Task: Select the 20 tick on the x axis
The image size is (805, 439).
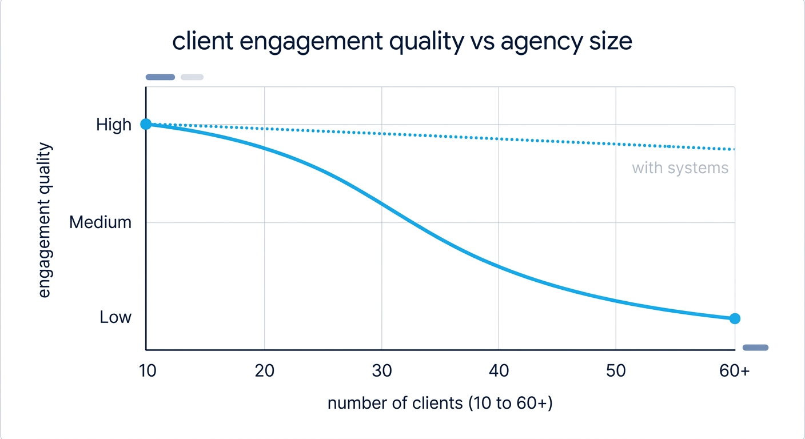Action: (x=264, y=371)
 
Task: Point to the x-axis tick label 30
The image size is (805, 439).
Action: (x=382, y=371)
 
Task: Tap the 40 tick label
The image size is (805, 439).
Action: (x=499, y=371)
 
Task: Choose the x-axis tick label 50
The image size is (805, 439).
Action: (x=616, y=371)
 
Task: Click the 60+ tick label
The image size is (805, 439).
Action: (x=734, y=371)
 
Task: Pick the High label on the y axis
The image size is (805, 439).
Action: (x=114, y=125)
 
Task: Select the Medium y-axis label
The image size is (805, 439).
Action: (x=100, y=222)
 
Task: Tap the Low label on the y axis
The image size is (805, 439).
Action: (x=115, y=317)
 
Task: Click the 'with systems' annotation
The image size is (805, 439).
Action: (x=680, y=168)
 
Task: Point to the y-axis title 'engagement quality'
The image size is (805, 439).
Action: (x=45, y=220)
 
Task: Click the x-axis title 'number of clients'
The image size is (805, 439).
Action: (x=440, y=403)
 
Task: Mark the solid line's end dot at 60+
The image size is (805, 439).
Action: (x=735, y=318)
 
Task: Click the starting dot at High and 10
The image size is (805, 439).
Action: (x=146, y=124)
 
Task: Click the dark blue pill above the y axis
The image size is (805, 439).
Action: (x=160, y=77)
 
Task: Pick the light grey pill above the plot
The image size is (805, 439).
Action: (x=192, y=77)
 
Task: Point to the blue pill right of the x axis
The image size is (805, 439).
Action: (x=755, y=347)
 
